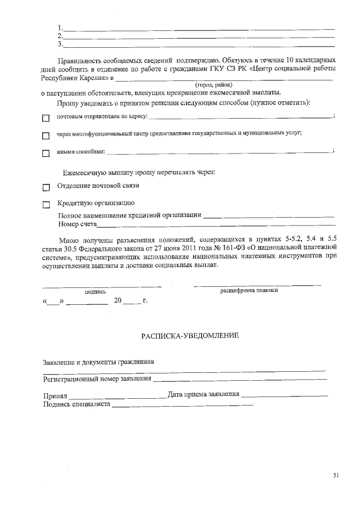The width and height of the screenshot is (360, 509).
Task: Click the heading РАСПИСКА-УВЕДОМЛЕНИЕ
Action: point(190,336)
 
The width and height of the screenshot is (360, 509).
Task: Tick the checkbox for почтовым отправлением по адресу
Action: point(46,118)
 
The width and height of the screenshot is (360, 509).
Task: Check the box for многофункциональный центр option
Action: point(46,136)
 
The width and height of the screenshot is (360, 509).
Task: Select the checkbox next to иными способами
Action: point(46,153)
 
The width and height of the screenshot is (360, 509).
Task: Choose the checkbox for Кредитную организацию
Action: point(46,205)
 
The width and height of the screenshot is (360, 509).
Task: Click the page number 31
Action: point(336,476)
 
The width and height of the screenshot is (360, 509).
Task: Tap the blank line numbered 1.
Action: point(200,28)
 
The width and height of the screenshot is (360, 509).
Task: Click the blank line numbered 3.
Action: point(200,45)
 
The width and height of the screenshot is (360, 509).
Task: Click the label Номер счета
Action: point(78,224)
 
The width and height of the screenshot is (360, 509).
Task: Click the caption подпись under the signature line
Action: point(95,291)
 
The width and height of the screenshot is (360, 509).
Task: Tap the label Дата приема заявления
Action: point(204,394)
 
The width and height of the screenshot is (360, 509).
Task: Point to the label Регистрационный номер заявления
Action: point(97,379)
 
